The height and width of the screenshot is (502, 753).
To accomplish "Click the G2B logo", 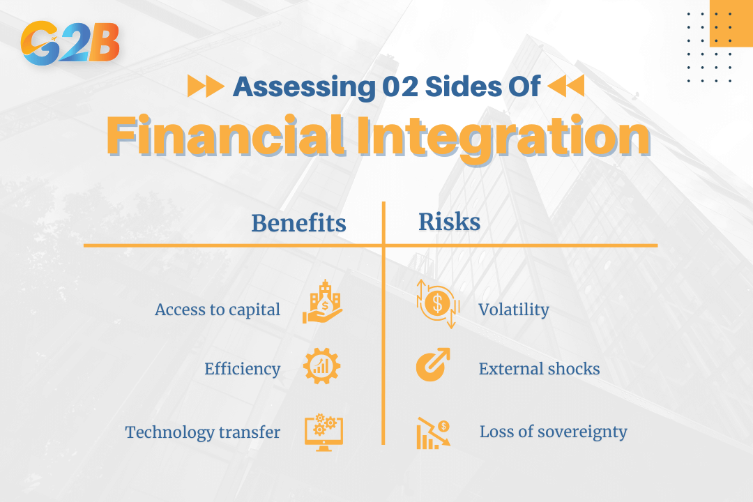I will (x=70, y=44).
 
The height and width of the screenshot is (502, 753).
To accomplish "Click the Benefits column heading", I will (x=298, y=223).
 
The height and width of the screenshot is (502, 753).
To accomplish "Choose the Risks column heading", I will (x=449, y=222).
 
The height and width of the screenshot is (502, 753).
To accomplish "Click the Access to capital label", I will (x=218, y=310).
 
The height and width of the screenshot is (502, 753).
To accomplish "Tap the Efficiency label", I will (x=242, y=369).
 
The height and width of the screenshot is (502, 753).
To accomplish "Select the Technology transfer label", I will (x=202, y=432).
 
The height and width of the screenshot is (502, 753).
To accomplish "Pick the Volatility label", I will (x=513, y=310).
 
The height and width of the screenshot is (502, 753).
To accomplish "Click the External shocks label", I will (x=539, y=369).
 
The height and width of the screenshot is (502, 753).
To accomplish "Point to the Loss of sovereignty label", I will (x=553, y=432).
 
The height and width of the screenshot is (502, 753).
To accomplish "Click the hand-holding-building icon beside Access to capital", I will (x=322, y=303).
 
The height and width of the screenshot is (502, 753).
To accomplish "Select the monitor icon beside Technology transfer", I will (x=324, y=432).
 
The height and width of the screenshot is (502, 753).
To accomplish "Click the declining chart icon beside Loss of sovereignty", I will (x=434, y=432).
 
